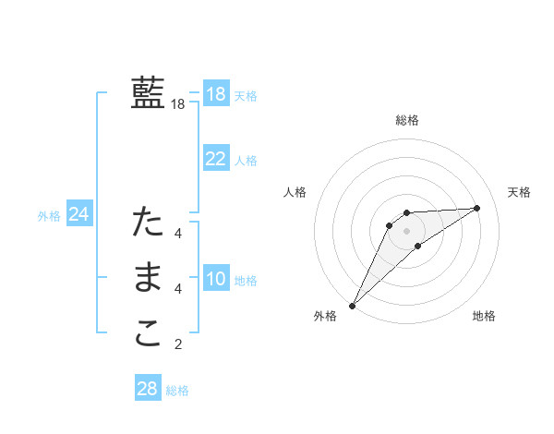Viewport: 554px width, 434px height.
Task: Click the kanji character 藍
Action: coord(148,93)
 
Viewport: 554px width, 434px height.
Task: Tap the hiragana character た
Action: coord(148,223)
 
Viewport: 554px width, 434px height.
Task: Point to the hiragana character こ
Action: coord(148,334)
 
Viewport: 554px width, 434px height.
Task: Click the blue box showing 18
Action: coord(215,94)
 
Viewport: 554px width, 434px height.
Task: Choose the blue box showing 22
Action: coord(215,159)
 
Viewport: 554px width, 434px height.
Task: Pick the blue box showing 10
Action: coord(215,279)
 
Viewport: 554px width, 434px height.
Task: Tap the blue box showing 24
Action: coord(78,215)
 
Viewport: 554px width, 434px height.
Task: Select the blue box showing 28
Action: coord(147,389)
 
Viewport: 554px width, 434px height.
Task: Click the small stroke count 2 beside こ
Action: coord(178,345)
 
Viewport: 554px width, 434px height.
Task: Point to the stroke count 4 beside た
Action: coord(178,234)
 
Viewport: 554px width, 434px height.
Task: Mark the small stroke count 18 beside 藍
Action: coord(177,105)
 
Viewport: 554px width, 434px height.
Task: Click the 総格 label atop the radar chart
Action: coord(407,120)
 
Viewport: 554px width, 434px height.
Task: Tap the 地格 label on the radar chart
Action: coord(484,317)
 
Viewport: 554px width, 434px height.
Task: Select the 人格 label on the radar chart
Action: coord(295,192)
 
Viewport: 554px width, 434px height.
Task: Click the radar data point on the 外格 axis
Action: coord(352,306)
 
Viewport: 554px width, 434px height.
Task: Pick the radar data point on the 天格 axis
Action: coord(477,208)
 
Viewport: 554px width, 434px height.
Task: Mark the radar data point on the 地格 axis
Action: coord(418,246)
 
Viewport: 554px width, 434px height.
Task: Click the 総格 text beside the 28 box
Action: coord(177,391)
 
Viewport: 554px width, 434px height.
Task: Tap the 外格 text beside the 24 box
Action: coord(49,216)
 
